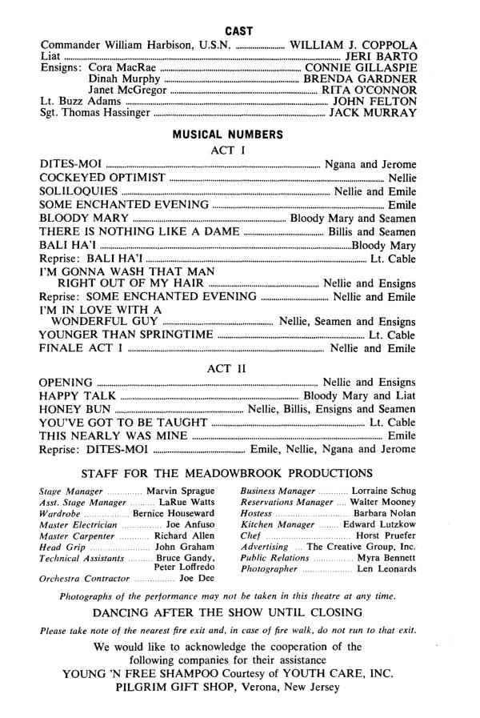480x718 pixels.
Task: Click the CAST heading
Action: [x=239, y=30]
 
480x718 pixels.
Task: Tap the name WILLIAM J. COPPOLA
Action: [x=353, y=43]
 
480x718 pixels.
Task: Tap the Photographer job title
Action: [x=269, y=569]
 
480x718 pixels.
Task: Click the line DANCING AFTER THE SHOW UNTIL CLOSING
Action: [x=239, y=613]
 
